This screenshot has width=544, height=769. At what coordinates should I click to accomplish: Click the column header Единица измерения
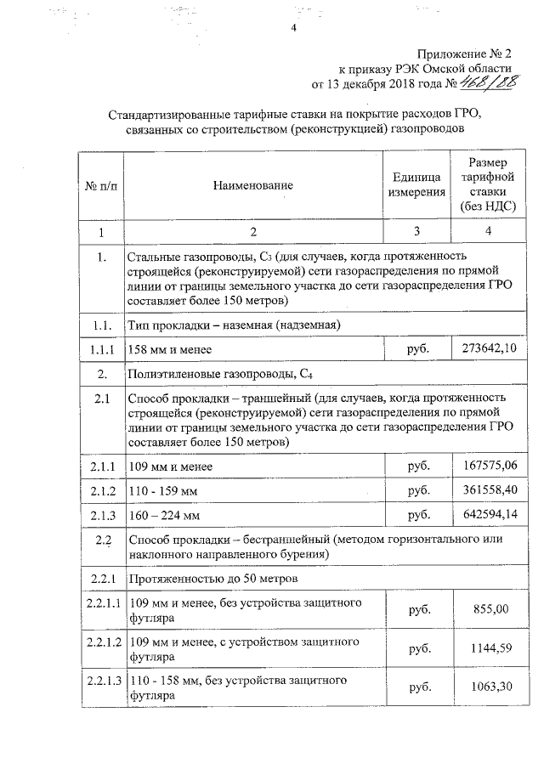416,184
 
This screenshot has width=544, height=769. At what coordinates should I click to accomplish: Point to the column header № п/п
100,184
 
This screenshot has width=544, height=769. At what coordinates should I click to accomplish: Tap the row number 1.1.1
100,348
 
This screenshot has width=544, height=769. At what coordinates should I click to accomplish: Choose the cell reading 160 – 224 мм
163,515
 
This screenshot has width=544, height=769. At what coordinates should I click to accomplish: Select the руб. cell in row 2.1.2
416,490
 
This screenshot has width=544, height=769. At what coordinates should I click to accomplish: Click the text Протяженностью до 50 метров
212,579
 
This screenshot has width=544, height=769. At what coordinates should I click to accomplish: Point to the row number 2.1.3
100,515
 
